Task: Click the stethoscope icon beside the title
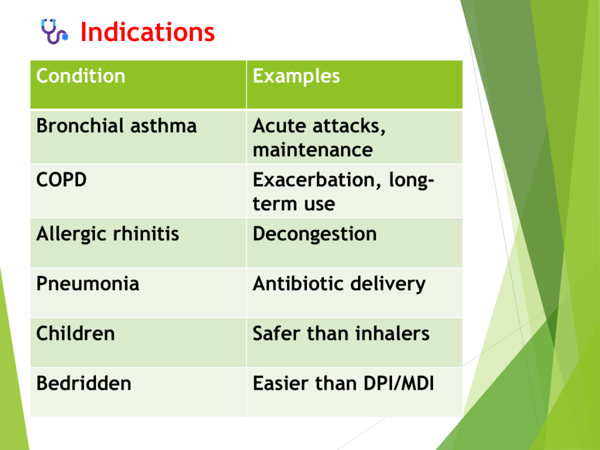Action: click(54, 31)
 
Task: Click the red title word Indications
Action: click(147, 32)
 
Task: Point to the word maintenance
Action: click(313, 149)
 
